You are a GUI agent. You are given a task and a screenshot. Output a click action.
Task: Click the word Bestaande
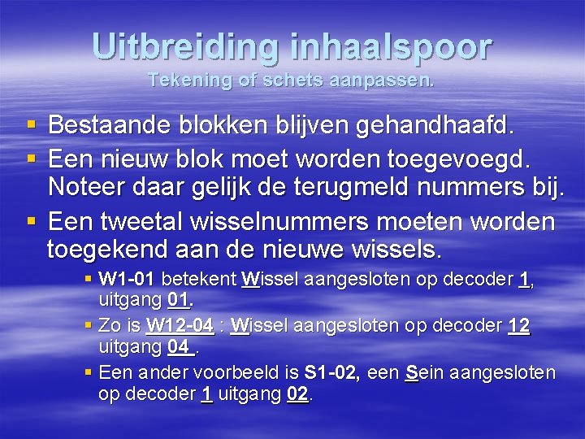click(107, 125)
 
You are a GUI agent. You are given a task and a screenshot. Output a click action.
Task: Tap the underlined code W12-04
click(180, 327)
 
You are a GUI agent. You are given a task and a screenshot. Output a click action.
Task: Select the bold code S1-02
click(332, 373)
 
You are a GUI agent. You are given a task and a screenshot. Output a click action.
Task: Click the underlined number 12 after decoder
click(518, 327)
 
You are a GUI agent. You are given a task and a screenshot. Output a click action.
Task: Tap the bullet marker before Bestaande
click(31, 126)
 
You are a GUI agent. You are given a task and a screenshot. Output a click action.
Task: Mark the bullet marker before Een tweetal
click(31, 223)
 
